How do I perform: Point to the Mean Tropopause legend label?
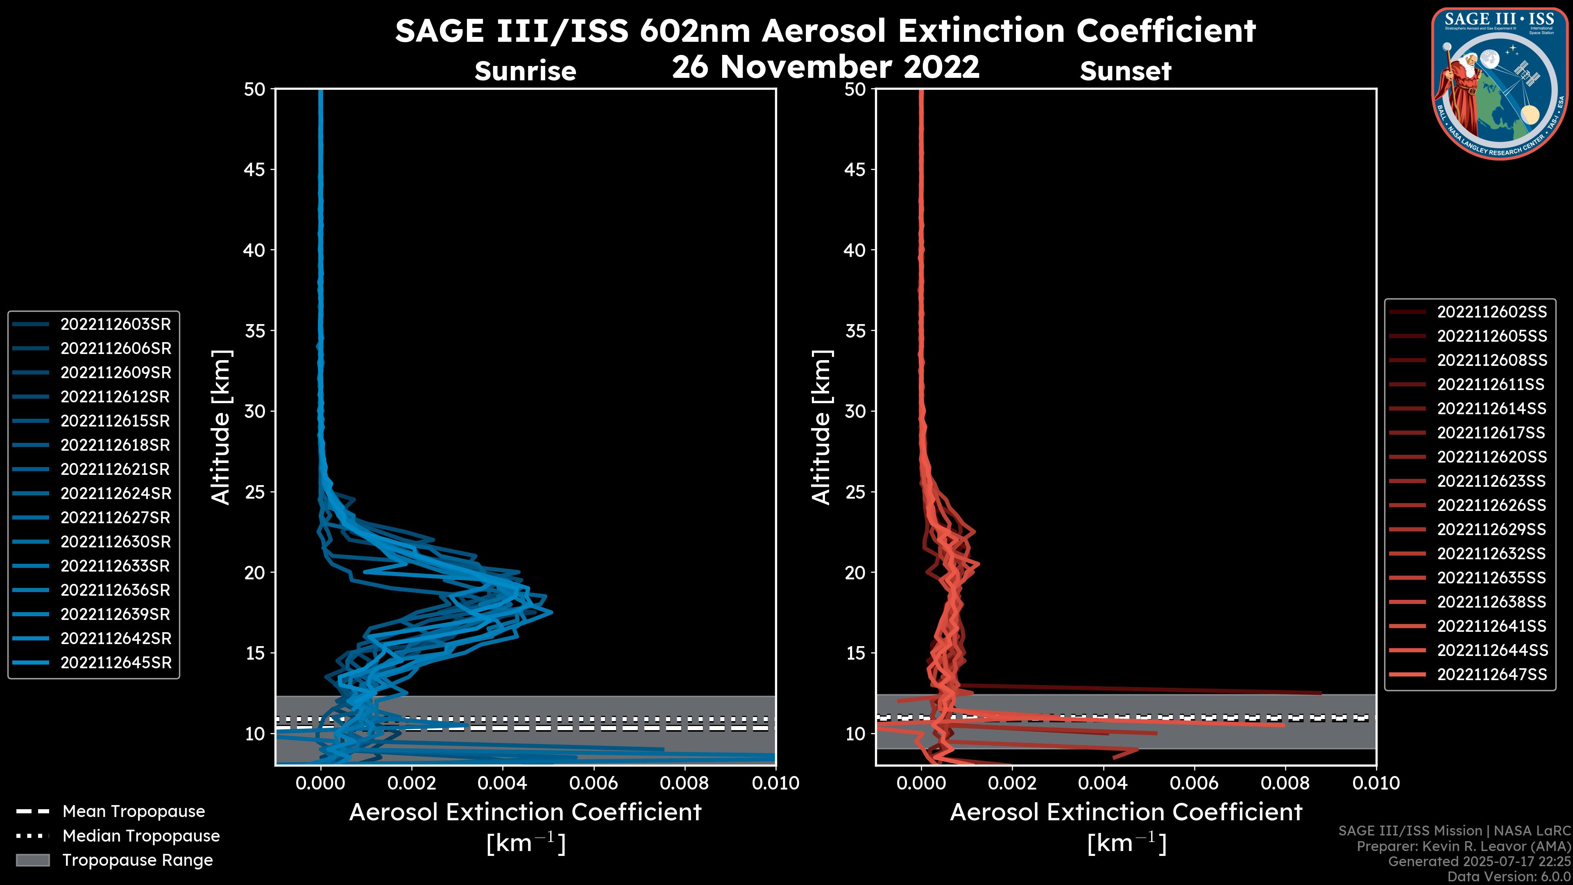pyautogui.click(x=134, y=812)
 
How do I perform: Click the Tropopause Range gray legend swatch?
pyautogui.click(x=32, y=860)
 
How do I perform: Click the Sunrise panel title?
pyautogui.click(x=525, y=71)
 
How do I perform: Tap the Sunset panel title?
pyautogui.click(x=1125, y=71)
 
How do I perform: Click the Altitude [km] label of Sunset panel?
pyautogui.click(x=821, y=427)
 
